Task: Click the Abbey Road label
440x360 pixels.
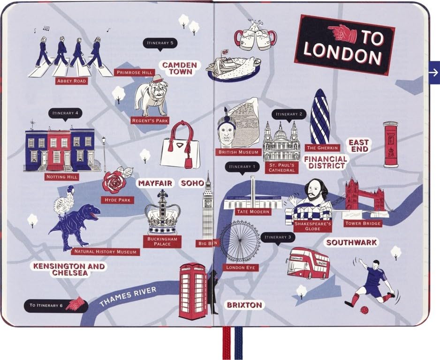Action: click(x=71, y=81)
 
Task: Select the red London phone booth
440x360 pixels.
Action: click(x=193, y=291)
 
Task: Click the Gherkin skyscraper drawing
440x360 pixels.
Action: click(x=320, y=117)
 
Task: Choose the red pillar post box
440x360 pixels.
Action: click(x=391, y=144)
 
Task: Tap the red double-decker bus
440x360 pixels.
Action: click(x=309, y=263)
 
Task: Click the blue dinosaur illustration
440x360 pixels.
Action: click(x=75, y=225)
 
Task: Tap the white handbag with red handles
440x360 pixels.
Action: click(x=181, y=146)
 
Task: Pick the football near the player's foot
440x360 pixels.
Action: click(x=364, y=309)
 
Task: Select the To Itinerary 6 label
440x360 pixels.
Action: click(x=46, y=306)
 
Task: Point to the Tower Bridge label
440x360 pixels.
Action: click(x=363, y=224)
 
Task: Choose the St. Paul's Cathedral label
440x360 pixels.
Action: click(x=281, y=167)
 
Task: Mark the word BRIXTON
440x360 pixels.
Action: click(x=244, y=305)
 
